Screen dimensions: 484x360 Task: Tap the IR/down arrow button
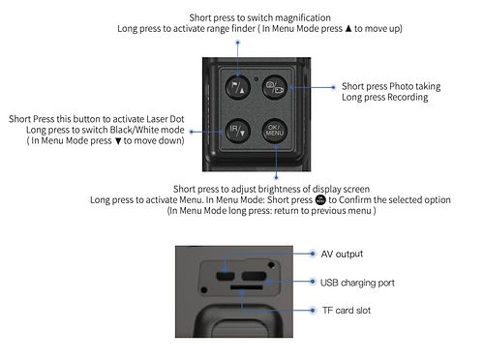pyautogui.click(x=238, y=131)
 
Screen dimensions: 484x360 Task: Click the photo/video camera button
pyautogui.click(x=275, y=87)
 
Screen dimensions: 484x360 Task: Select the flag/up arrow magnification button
pyautogui.click(x=238, y=87)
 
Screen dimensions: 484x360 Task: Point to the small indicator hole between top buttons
pyautogui.click(x=257, y=78)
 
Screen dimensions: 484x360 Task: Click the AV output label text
pyautogui.click(x=342, y=254)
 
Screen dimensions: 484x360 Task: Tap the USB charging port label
pyautogui.click(x=357, y=283)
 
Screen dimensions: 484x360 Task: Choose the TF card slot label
pyautogui.click(x=347, y=311)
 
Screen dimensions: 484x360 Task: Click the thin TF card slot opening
pyautogui.click(x=247, y=286)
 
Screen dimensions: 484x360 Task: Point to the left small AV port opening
pyautogui.click(x=225, y=276)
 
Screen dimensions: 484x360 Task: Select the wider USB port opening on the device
pyautogui.click(x=254, y=276)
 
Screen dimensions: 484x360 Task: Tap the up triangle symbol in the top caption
pyautogui.click(x=348, y=28)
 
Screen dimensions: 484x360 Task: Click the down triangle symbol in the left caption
pyautogui.click(x=118, y=141)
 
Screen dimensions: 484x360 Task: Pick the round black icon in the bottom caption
pyautogui.click(x=320, y=199)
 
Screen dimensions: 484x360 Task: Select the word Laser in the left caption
pyautogui.click(x=157, y=119)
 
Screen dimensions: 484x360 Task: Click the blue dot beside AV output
pyautogui.click(x=313, y=254)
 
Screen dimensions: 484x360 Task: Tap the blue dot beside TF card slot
pyautogui.click(x=313, y=311)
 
